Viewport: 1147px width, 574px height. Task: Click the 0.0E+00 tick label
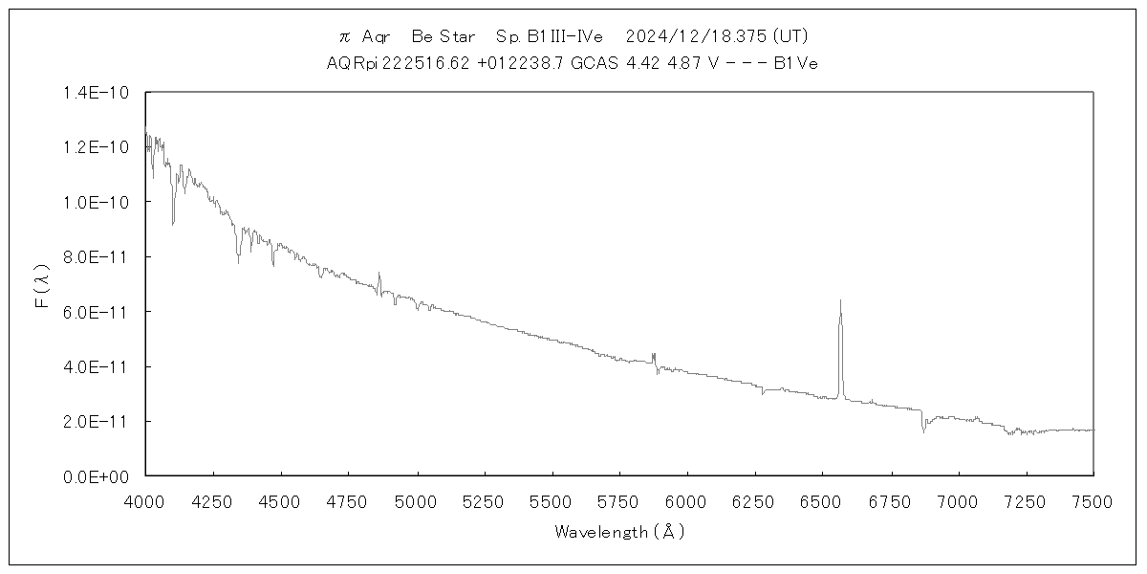click(x=103, y=476)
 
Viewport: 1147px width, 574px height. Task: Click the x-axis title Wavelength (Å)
click(x=619, y=532)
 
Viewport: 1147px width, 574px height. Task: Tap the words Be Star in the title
click(x=444, y=36)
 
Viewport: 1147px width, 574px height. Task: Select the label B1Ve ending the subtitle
click(x=794, y=63)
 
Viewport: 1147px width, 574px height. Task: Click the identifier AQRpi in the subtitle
click(x=351, y=63)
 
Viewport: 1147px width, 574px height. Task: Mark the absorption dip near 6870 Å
click(x=923, y=430)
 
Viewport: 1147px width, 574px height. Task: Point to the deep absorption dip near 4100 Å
click(x=173, y=222)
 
